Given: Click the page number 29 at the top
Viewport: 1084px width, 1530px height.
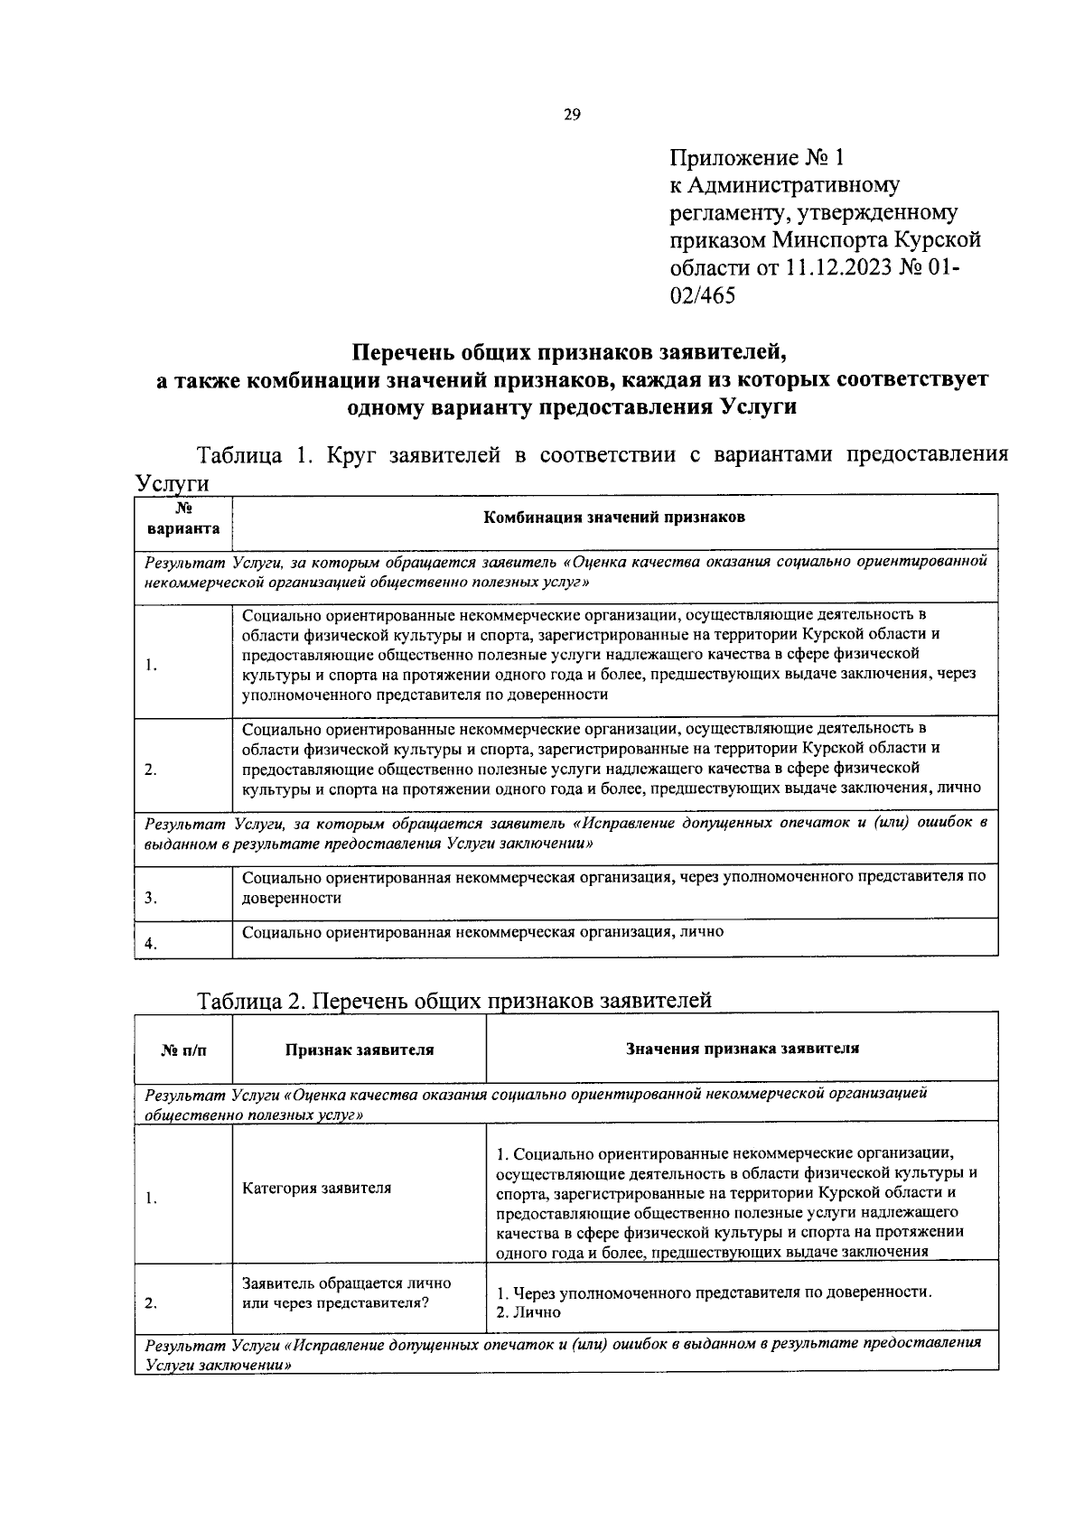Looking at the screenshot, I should click(x=571, y=115).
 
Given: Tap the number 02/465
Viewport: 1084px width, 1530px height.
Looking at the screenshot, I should click(x=703, y=294).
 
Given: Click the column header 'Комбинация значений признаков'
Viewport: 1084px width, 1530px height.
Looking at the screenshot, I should click(x=614, y=518).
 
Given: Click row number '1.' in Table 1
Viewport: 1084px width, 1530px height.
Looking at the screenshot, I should click(x=151, y=665).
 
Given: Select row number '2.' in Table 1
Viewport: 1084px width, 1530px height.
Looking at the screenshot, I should click(x=151, y=770).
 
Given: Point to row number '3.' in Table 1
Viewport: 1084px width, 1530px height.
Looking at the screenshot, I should click(x=151, y=898).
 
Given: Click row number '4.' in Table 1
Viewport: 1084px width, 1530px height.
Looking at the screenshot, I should click(x=151, y=944).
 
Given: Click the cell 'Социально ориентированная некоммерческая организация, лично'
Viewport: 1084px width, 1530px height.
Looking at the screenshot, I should click(x=482, y=931).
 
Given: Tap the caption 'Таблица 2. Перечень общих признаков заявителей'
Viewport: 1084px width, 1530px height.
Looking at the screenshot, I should click(x=454, y=1000).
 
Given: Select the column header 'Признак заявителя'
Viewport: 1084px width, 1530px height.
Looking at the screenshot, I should click(x=360, y=1050).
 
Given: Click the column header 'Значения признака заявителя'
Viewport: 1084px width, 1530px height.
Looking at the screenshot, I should click(x=742, y=1048).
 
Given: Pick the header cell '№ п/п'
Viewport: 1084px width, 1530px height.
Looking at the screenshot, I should click(x=183, y=1050).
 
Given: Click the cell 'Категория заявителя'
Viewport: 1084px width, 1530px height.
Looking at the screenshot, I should click(x=316, y=1188).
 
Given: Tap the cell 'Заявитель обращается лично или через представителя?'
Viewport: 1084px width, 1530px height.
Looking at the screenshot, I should click(x=346, y=1292).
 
